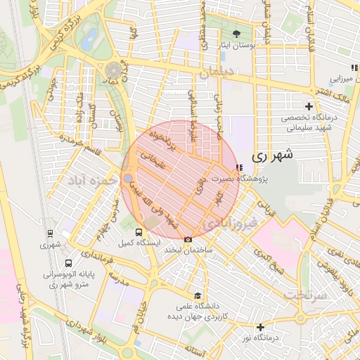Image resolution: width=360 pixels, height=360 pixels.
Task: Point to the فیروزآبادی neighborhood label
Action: (231, 224)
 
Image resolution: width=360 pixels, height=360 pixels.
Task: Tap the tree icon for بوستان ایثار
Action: (236, 33)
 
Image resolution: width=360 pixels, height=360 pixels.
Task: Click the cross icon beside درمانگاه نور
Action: (260, 327)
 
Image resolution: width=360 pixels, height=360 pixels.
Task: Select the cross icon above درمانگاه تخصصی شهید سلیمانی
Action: (308, 105)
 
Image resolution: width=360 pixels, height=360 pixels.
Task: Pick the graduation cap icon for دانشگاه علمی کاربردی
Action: (198, 296)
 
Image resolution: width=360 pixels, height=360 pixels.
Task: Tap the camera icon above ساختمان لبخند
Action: (187, 240)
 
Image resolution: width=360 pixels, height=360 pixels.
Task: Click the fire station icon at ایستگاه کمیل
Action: (139, 231)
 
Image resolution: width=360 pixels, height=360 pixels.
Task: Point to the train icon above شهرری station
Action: (50, 233)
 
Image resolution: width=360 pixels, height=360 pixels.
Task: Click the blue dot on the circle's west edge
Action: (127, 179)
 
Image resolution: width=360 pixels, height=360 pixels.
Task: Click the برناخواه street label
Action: (159, 139)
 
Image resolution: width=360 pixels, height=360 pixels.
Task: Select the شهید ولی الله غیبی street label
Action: (160, 207)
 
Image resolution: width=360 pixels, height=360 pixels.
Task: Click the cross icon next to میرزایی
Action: (354, 67)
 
